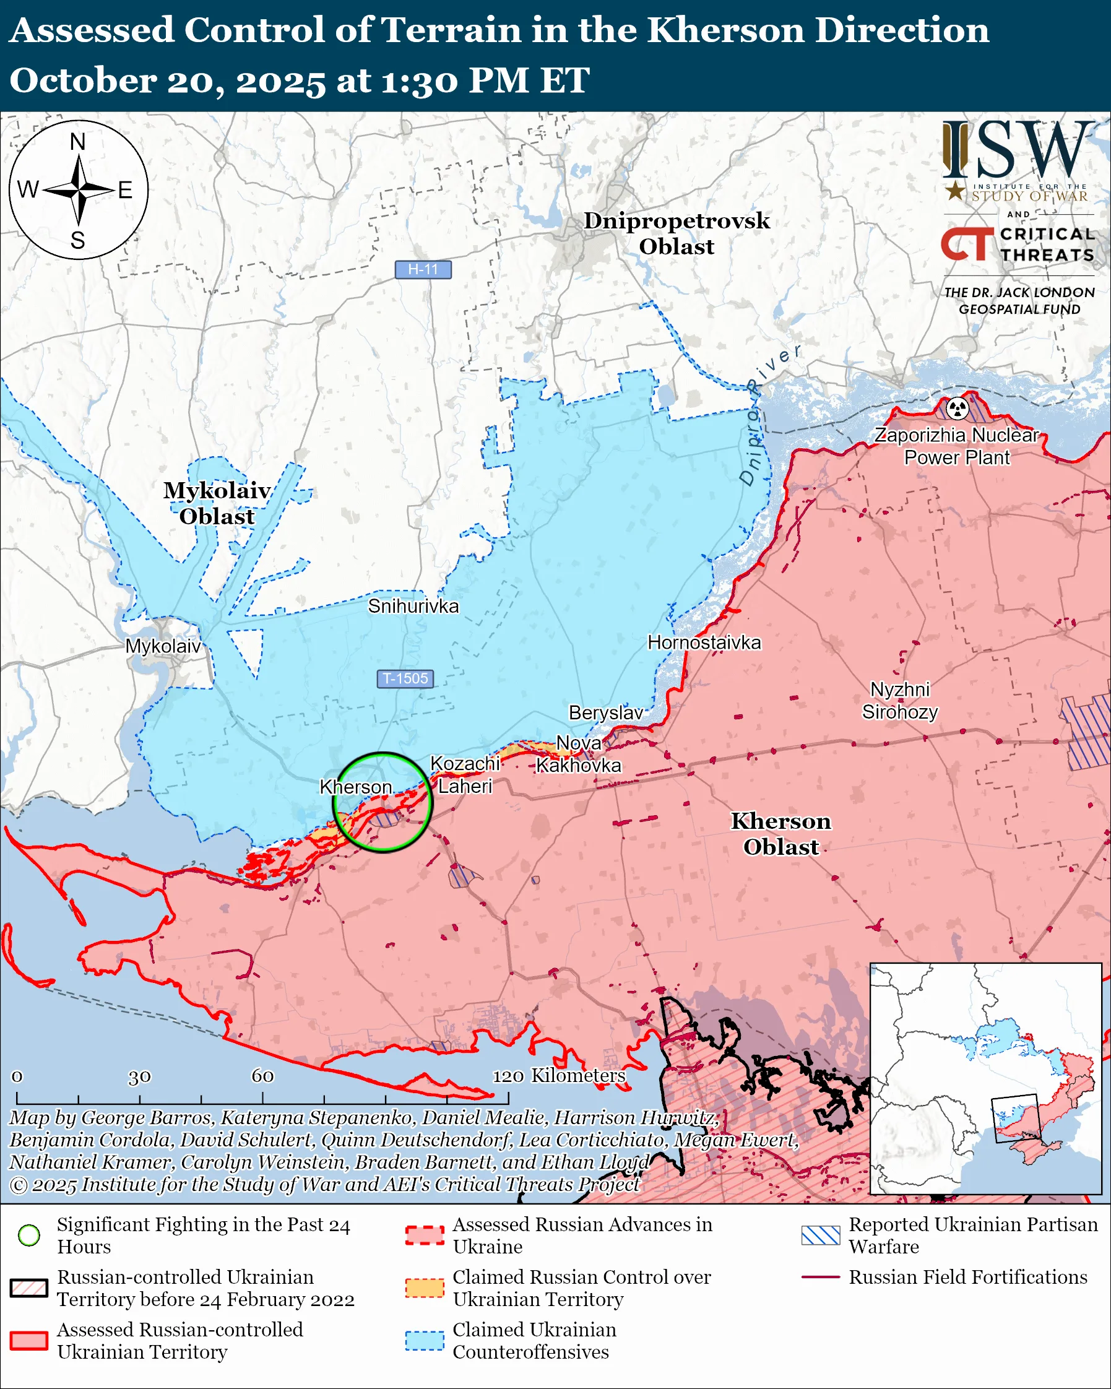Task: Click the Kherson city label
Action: coord(355,787)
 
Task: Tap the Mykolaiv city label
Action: coord(163,646)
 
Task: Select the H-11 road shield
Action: coord(423,269)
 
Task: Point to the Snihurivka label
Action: coord(413,606)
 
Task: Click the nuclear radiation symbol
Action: coord(958,408)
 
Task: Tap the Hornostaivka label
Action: coord(704,643)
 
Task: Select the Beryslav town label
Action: coord(605,712)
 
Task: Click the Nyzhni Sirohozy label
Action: coord(900,701)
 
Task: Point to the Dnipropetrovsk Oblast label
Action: coord(677,233)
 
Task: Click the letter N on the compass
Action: coord(78,142)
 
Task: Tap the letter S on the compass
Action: coord(78,240)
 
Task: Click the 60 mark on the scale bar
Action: coord(262,1076)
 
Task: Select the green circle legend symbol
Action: coord(29,1235)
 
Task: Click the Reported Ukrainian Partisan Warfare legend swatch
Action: coord(821,1235)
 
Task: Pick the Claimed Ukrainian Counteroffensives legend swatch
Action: coord(425,1341)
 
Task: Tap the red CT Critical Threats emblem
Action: coord(966,243)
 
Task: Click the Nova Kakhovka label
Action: coord(578,755)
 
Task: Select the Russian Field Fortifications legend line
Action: coord(821,1277)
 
